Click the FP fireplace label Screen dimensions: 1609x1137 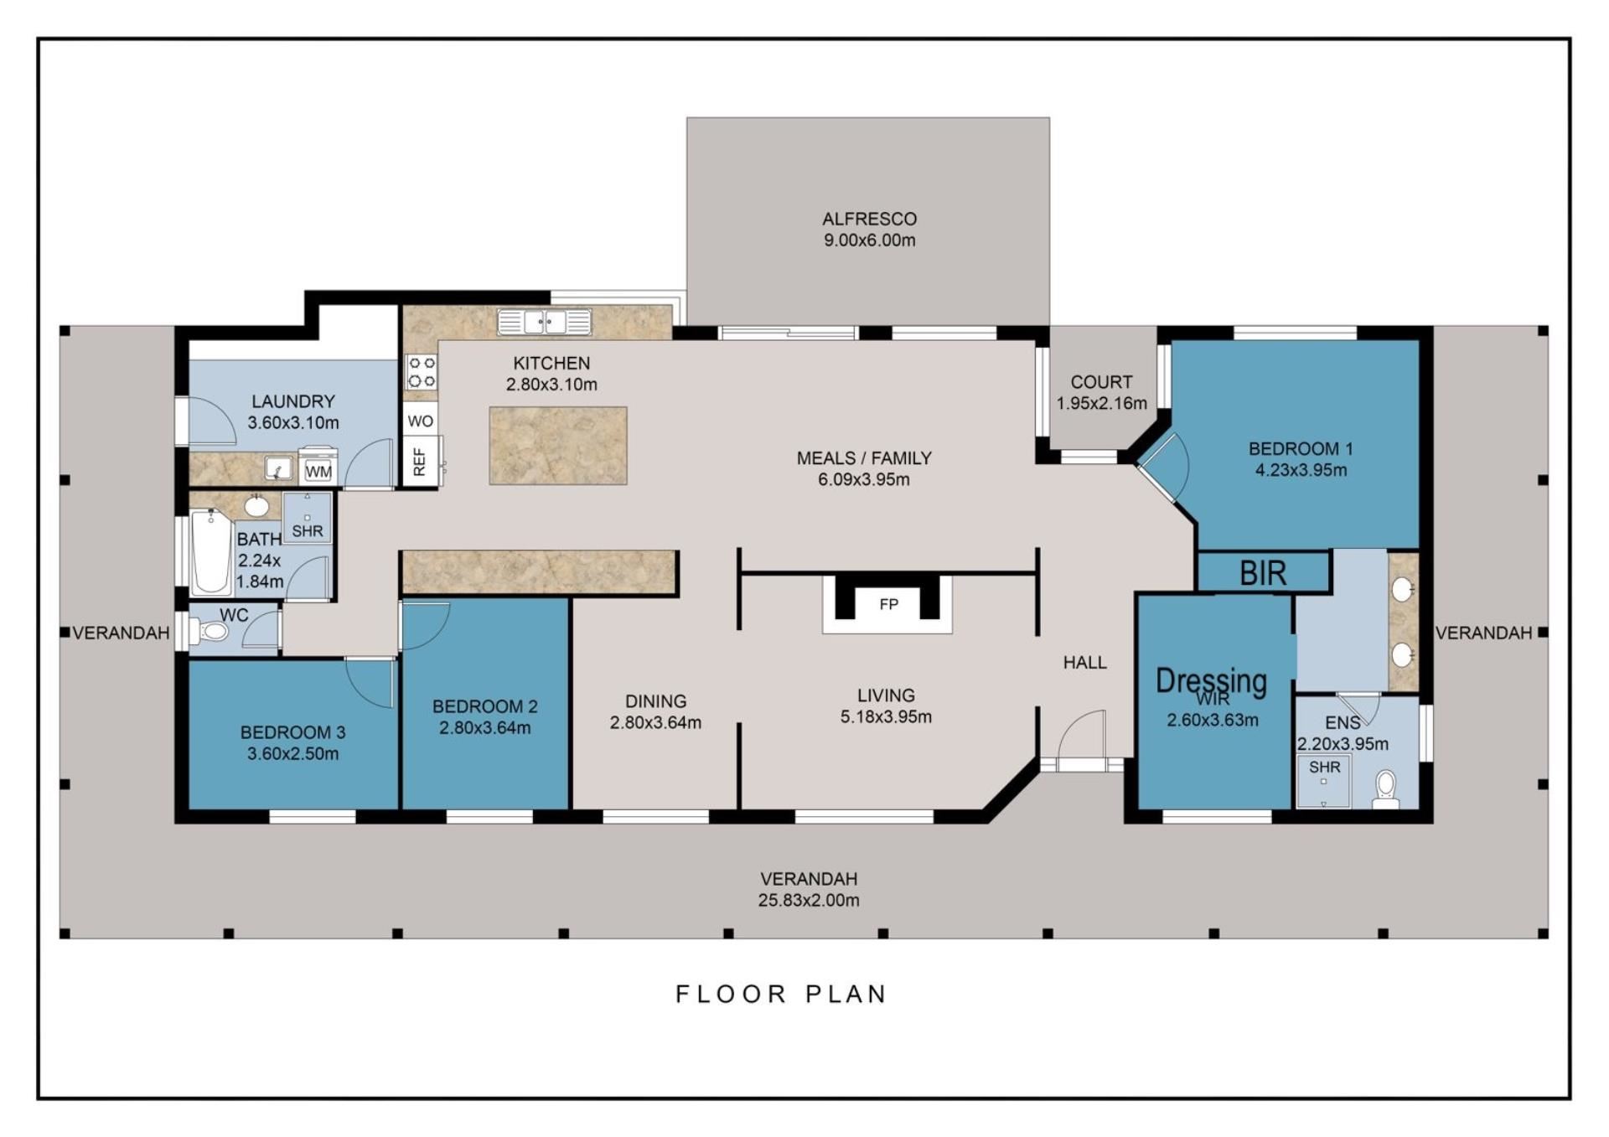tap(888, 604)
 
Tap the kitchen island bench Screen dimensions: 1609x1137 tap(558, 445)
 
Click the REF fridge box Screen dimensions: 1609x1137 tap(421, 461)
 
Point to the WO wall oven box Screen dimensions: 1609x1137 tap(421, 420)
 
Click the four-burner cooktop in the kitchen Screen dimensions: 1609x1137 tap(421, 372)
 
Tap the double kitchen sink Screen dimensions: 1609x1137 tap(545, 322)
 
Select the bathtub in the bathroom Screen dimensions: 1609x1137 tap(210, 552)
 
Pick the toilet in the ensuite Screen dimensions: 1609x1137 tap(1385, 790)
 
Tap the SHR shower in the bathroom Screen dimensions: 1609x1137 tap(308, 518)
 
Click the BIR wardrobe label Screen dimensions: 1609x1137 tap(1263, 573)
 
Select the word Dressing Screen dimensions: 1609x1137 tap(1211, 680)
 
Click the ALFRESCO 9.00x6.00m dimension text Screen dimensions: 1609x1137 tap(869, 240)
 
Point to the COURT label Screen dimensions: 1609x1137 tap(1101, 382)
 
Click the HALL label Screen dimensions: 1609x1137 tap(1085, 663)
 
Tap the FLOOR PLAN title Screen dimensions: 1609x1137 tap(781, 995)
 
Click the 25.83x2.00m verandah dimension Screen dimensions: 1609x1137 tap(809, 901)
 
